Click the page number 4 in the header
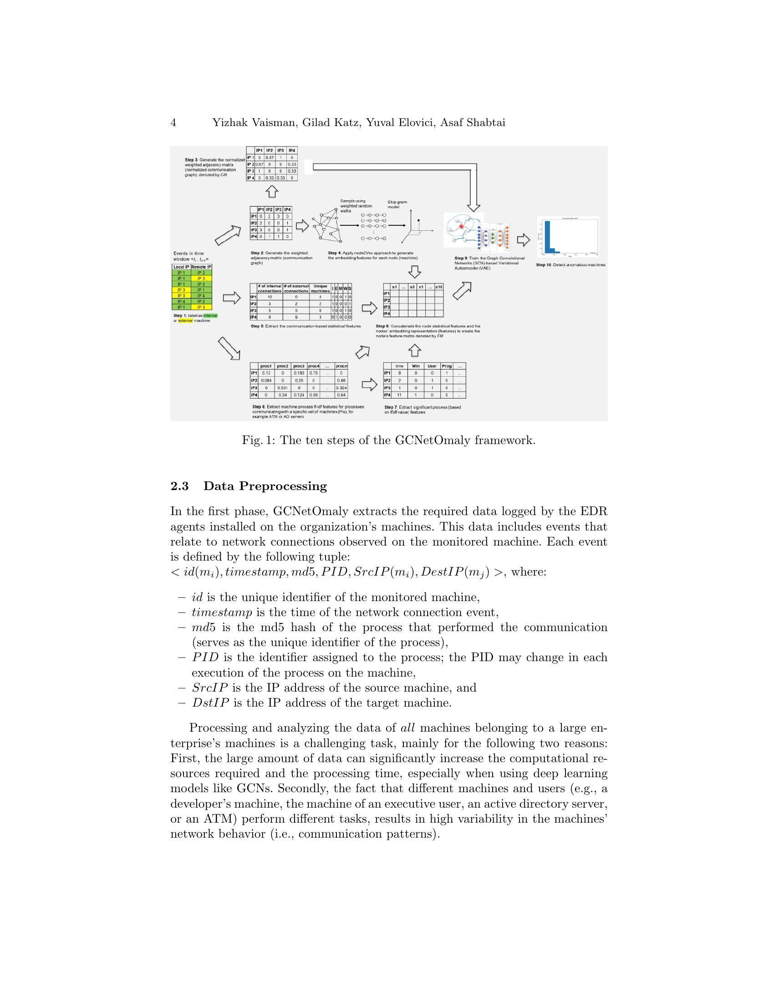[173, 122]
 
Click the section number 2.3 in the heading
[180, 486]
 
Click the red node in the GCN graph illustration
[460, 228]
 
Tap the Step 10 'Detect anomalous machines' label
[570, 265]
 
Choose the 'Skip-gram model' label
[397, 204]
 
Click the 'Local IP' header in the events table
[181, 267]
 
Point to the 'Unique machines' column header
[320, 288]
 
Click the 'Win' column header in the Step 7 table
[415, 366]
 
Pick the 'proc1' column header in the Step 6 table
[266, 366]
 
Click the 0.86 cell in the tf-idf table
[341, 380]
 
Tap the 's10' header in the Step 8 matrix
[439, 287]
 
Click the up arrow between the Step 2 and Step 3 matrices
[272, 191]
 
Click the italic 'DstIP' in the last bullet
[210, 703]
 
